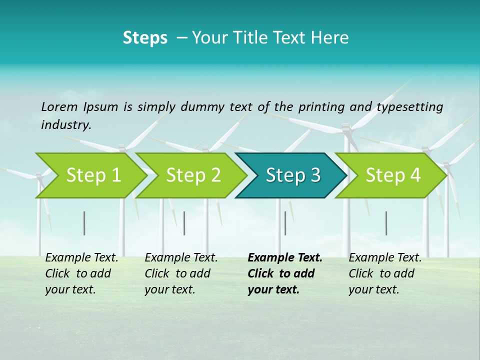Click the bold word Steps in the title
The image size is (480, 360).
(145, 38)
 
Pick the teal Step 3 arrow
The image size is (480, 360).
(293, 175)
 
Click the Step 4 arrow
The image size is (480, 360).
(393, 175)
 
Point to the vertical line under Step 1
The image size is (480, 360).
(84, 223)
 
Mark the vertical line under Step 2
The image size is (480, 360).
(184, 223)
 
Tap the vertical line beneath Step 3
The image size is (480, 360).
(285, 223)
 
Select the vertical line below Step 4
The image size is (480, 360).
(386, 223)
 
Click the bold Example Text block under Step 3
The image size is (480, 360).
(284, 273)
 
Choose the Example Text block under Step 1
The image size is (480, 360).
(81, 273)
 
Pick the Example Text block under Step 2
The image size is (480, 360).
(181, 273)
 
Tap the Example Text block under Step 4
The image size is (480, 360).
(385, 273)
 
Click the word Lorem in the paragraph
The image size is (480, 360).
(59, 106)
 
